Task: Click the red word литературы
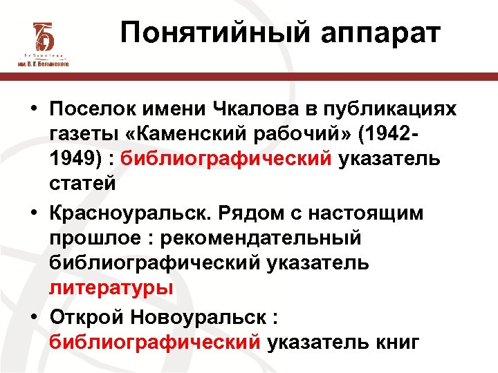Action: pos(111,288)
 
